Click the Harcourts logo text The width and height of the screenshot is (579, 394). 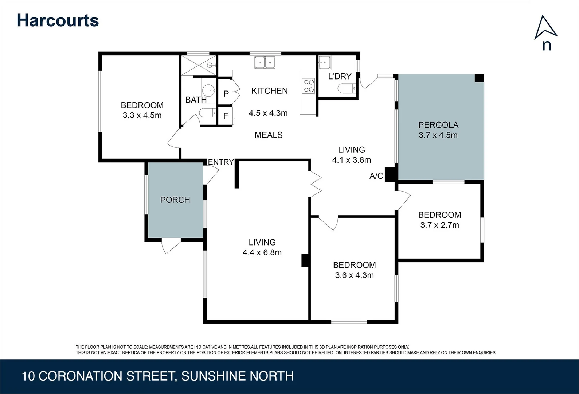click(58, 20)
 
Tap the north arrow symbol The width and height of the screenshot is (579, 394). click(545, 28)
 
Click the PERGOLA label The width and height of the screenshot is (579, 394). click(438, 125)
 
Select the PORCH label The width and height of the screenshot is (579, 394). click(175, 200)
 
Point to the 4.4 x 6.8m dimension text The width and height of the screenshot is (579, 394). click(262, 252)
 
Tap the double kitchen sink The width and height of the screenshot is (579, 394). click(265, 62)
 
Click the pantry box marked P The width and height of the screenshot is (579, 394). click(226, 94)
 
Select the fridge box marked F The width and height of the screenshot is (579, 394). click(226, 116)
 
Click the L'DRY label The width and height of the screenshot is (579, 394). click(340, 76)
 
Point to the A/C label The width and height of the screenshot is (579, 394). click(376, 176)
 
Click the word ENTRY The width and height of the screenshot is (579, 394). click(221, 162)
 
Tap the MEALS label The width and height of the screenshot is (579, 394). click(269, 135)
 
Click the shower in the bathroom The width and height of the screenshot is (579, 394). click(199, 65)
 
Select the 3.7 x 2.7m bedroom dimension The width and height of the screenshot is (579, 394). click(439, 225)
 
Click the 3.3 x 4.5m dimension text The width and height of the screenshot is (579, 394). click(142, 116)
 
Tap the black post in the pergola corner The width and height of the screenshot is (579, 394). click(479, 78)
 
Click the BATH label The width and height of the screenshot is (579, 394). click(196, 100)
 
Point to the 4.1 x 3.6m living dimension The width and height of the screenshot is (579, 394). click(351, 160)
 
